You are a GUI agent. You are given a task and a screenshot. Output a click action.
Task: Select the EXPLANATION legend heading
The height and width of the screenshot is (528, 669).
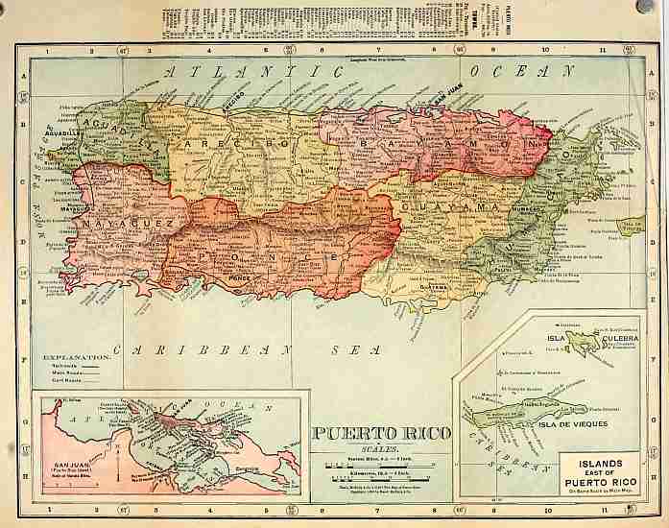pos(68,357)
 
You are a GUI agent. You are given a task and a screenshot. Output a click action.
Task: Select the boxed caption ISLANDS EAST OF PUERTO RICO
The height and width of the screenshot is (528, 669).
pos(600,473)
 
